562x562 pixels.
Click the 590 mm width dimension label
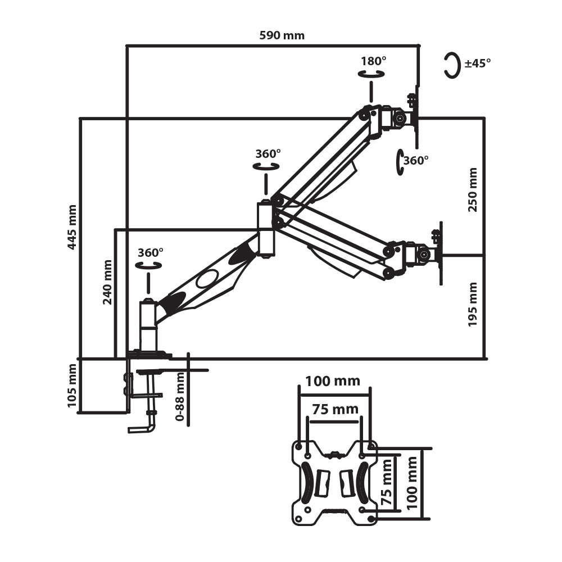coord(282,35)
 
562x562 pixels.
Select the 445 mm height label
coord(71,227)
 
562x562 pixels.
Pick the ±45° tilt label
coord(478,63)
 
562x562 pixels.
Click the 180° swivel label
coord(374,61)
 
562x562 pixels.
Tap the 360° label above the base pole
coord(150,253)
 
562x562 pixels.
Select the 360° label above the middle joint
coord(268,153)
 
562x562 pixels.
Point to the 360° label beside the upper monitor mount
coord(416,160)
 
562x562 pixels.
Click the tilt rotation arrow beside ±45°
coord(451,65)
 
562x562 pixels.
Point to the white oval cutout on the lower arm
coord(209,278)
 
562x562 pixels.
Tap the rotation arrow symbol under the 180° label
coord(371,74)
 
